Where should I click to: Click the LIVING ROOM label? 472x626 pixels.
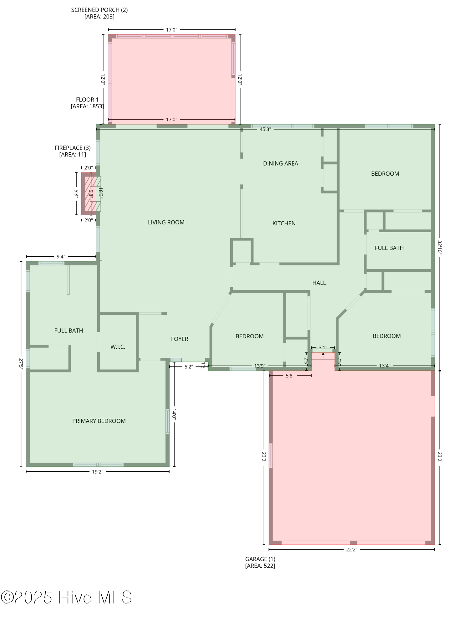pos(166,222)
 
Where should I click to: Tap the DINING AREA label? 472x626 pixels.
pos(280,163)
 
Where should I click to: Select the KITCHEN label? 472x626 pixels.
pos(284,223)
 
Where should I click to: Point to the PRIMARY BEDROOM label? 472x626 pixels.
pos(99,421)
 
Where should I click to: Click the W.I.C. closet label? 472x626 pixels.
pos(118,347)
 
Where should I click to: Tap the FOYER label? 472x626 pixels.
pos(180,339)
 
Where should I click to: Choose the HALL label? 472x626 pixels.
pos(319,283)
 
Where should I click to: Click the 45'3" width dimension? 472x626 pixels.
pos(265,129)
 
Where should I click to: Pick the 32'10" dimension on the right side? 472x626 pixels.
pos(439,247)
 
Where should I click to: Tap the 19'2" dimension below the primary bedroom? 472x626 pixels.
pos(98,472)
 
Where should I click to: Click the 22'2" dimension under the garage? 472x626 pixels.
pos(352,549)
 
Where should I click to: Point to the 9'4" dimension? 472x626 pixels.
pos(61,257)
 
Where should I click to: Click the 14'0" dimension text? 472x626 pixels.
pos(174,414)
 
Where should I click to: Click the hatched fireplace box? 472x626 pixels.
pos(91,194)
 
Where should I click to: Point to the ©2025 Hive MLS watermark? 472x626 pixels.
pos(66,597)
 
